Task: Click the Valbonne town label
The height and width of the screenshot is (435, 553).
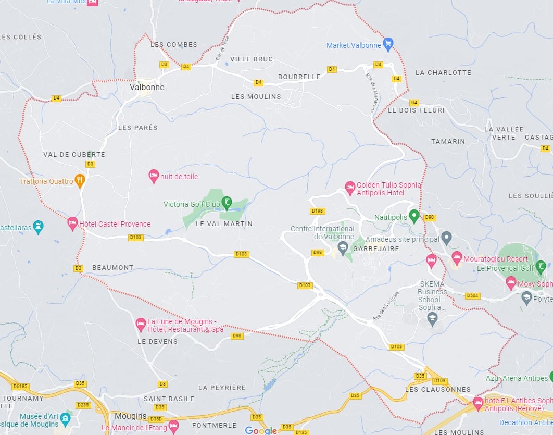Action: tap(147, 87)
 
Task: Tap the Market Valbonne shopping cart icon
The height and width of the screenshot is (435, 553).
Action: tap(387, 44)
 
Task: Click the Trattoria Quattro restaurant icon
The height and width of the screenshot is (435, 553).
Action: tap(80, 181)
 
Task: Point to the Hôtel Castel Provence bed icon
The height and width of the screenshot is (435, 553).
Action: tap(73, 223)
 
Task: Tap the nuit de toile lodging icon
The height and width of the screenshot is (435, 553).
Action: tap(154, 176)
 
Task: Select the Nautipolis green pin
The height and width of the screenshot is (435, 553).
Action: tap(414, 215)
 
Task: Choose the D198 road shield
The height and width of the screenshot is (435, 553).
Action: tap(317, 211)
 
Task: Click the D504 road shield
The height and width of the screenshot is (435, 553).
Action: tap(472, 295)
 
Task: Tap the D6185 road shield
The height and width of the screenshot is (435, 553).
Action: tap(20, 386)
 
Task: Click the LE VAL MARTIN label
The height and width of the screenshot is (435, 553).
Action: tap(224, 223)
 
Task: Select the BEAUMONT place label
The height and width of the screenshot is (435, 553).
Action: tap(112, 267)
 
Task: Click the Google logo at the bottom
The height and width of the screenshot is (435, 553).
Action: tap(261, 430)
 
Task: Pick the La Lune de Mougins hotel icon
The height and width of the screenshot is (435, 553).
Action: tap(140, 324)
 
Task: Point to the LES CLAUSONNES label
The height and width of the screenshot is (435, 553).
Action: tap(437, 389)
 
